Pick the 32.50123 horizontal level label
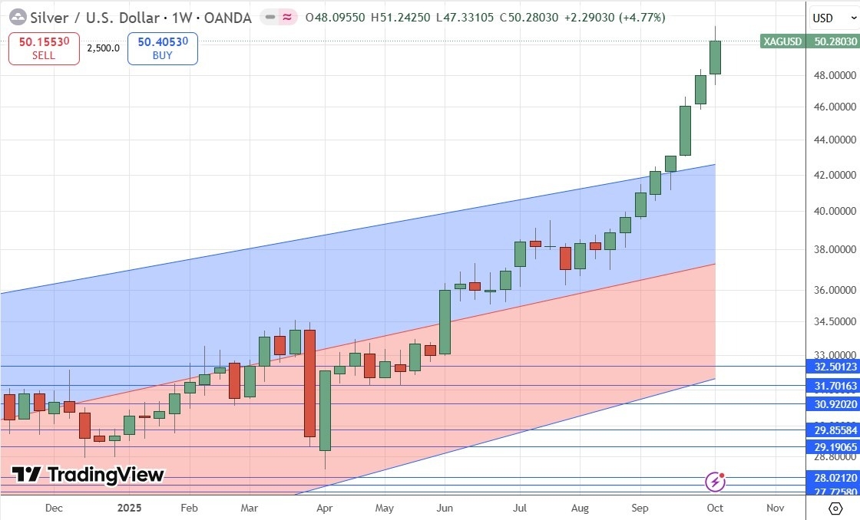pyautogui.click(x=832, y=367)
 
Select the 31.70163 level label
pyautogui.click(x=832, y=385)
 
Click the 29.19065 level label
pyautogui.click(x=832, y=446)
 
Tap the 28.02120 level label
pyautogui.click(x=832, y=478)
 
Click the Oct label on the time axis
pyautogui.click(x=715, y=508)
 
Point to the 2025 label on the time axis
pyautogui.click(x=129, y=508)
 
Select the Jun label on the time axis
pyautogui.click(x=445, y=508)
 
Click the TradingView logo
pyautogui.click(x=88, y=475)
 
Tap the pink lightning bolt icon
pyautogui.click(x=716, y=482)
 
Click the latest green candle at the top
pyautogui.click(x=715, y=58)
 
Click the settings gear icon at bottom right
pyautogui.click(x=835, y=508)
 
